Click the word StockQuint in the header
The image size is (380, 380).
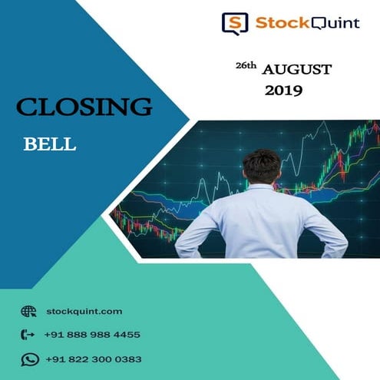click(306, 23)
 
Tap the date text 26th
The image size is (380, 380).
click(245, 68)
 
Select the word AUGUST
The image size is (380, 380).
click(297, 70)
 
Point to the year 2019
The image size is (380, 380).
click(284, 91)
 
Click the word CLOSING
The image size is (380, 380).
click(84, 107)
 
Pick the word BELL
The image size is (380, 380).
click(49, 144)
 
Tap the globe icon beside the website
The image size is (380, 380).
click(29, 311)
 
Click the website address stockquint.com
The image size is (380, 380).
click(84, 311)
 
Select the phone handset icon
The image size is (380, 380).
click(29, 335)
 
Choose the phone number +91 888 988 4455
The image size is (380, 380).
click(92, 335)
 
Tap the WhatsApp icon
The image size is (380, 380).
click(29, 359)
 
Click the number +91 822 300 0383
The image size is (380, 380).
click(93, 359)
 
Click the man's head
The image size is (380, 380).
click(261, 164)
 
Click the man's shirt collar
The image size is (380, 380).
click(261, 186)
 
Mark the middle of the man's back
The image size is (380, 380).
click(261, 223)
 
